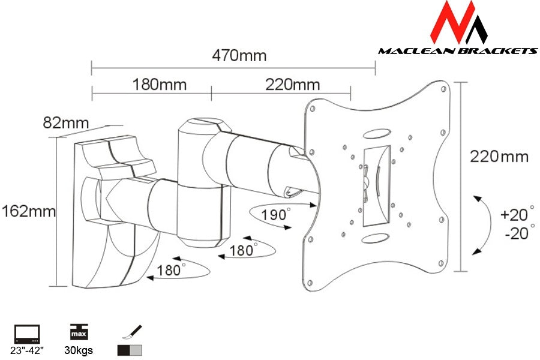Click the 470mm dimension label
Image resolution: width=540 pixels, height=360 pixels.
(239, 55)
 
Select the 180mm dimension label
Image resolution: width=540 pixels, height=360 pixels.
(160, 85)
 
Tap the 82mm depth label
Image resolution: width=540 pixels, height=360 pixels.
(66, 122)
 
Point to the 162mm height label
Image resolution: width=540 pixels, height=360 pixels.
(29, 211)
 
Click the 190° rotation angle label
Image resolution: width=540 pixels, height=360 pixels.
(275, 214)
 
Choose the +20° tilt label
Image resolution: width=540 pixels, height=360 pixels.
(517, 214)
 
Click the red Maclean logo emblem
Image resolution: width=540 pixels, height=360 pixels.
(458, 23)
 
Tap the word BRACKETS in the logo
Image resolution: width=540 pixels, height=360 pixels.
(498, 51)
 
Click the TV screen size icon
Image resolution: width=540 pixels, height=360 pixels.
(27, 334)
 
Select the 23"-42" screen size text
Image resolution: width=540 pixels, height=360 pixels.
(27, 350)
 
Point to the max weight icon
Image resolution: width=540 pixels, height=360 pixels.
(79, 332)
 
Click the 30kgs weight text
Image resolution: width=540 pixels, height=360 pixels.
(79, 350)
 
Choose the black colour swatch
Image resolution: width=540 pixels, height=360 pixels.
(124, 350)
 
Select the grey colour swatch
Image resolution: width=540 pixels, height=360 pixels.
(136, 350)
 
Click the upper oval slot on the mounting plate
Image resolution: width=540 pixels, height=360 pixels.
(376, 134)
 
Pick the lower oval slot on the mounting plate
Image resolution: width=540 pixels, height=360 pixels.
(376, 238)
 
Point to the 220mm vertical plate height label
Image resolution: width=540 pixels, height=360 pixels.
(499, 157)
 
